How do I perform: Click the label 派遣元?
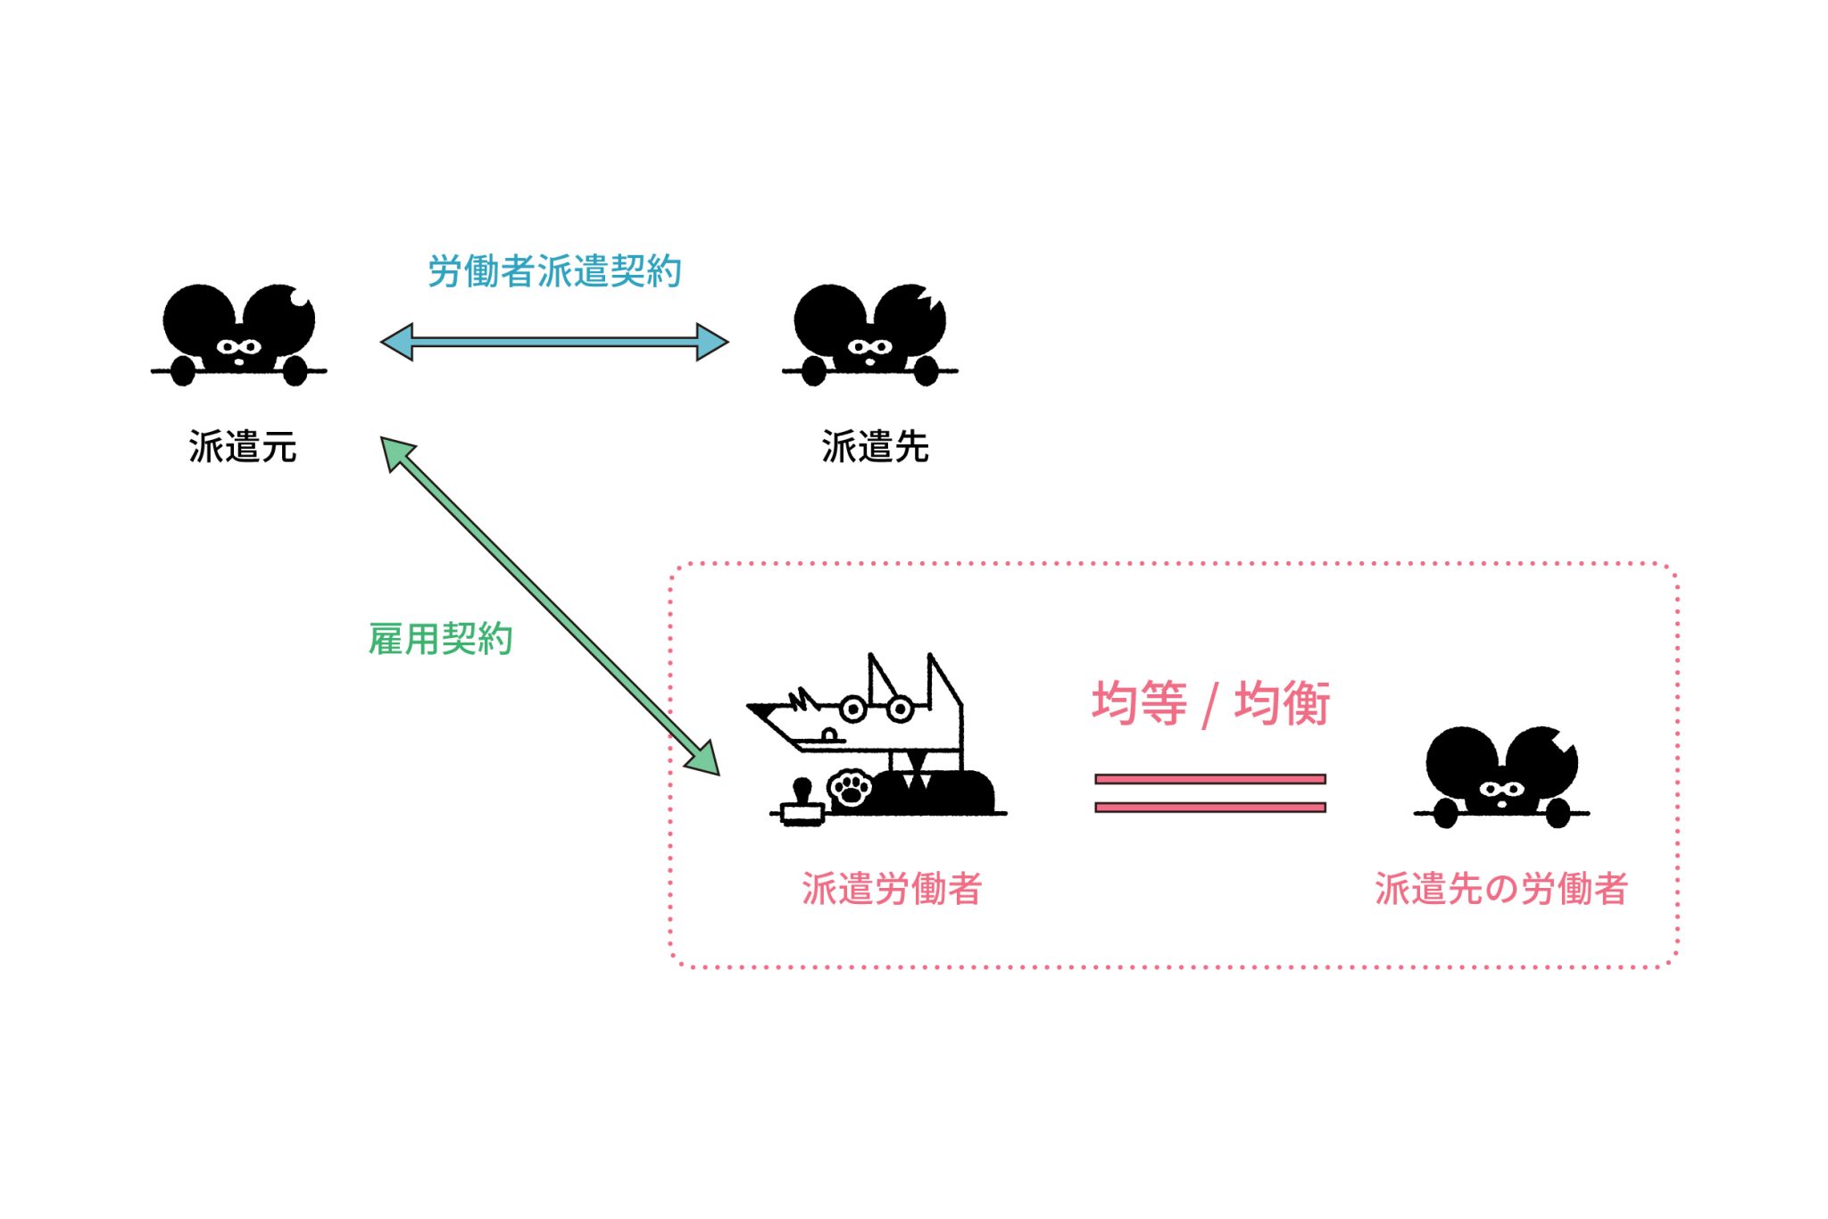click(242, 447)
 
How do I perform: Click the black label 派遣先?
click(875, 447)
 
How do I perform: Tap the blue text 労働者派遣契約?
click(554, 271)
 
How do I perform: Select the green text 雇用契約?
click(440, 639)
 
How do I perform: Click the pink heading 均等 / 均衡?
click(1210, 703)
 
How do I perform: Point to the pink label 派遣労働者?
click(892, 889)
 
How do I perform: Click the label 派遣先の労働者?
click(1501, 889)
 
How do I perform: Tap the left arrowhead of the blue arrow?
click(398, 342)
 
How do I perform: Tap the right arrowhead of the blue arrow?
click(711, 342)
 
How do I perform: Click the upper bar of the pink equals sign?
click(1210, 779)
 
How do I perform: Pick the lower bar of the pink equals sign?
click(1210, 808)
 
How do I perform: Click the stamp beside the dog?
click(802, 803)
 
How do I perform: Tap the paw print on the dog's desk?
click(851, 788)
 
